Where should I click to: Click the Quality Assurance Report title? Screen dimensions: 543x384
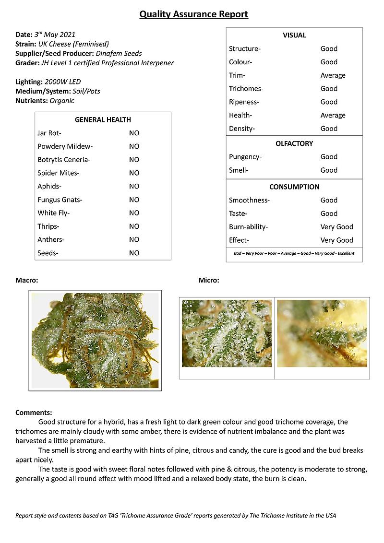[193, 14]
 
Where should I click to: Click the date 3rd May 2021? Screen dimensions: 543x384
[55, 35]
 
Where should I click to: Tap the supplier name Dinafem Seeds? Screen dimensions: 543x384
[119, 53]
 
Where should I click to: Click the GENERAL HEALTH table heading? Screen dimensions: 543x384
[103, 120]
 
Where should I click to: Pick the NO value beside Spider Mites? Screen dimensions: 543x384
[134, 173]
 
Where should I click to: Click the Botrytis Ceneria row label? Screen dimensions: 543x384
[64, 160]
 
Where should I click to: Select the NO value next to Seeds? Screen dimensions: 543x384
[134, 253]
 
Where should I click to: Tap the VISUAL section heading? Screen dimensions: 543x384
[294, 35]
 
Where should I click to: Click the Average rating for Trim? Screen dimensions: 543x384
[333, 75]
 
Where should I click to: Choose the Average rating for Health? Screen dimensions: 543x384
[333, 115]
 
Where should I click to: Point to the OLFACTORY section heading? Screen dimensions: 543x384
[294, 143]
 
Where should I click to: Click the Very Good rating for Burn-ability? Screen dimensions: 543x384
[336, 227]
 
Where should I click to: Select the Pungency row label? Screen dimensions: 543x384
[245, 157]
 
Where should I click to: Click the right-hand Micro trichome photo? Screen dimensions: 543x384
[322, 333]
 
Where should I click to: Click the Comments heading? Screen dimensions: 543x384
[34, 413]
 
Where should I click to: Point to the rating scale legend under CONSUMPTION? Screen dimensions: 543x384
[294, 253]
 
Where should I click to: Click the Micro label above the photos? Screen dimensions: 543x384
[209, 280]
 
